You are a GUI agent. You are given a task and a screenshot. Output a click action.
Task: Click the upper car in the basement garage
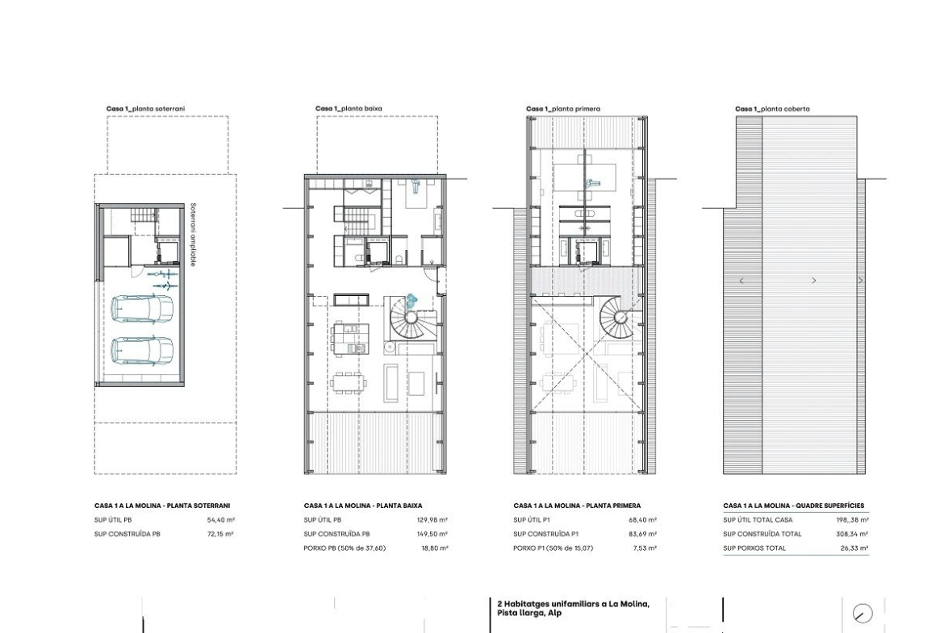point(143,308)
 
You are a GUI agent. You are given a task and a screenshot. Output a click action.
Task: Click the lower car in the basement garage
point(143,350)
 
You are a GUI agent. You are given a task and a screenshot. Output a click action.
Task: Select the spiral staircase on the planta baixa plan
point(411,319)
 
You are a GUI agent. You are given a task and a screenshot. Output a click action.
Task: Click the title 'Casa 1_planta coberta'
point(772,109)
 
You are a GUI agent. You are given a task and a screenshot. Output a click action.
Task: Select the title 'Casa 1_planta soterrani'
point(146,109)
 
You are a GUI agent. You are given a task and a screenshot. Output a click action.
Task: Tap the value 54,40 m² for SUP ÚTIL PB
point(221,520)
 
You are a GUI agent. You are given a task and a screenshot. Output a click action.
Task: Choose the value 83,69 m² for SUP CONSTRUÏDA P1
point(643,535)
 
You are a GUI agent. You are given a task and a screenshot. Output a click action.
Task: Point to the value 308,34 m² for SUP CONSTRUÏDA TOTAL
point(853,535)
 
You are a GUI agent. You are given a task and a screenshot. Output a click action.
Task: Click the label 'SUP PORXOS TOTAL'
point(754,548)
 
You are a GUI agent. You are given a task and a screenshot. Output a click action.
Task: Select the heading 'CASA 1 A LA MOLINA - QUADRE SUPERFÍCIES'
point(793,506)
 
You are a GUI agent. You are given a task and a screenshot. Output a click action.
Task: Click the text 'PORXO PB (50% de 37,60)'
point(345,548)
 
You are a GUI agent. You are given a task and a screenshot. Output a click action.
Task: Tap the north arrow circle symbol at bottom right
point(863,613)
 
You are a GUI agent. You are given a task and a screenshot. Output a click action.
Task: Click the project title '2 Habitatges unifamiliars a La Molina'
point(573,604)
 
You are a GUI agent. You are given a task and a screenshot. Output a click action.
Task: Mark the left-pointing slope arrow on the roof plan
point(741,281)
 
